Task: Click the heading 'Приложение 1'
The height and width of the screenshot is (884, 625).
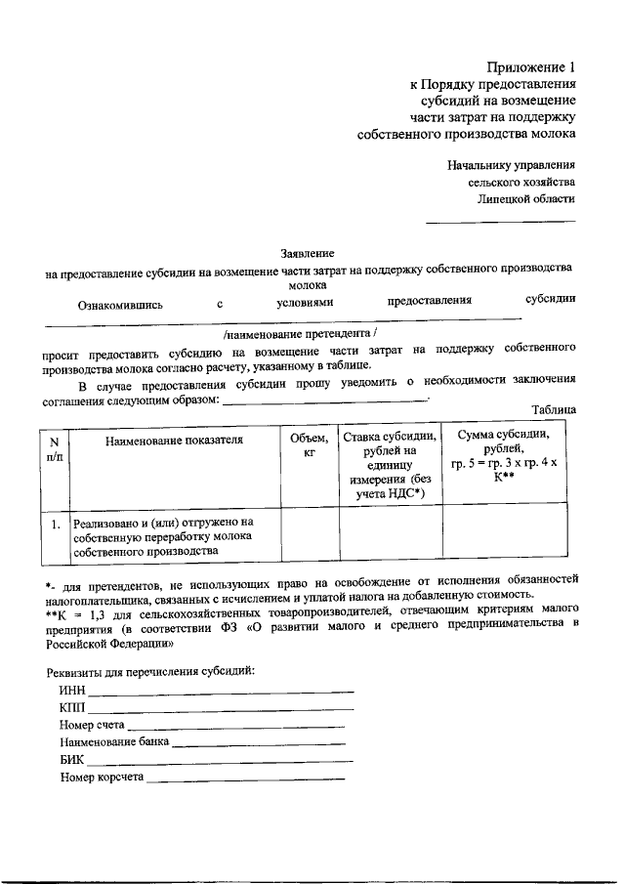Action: [531, 68]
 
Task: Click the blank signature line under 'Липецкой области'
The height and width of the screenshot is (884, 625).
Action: [500, 222]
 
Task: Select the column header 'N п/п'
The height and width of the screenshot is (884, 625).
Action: [54, 449]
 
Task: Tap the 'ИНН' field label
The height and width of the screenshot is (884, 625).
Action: [72, 692]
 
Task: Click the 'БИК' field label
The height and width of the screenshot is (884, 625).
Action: [72, 760]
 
